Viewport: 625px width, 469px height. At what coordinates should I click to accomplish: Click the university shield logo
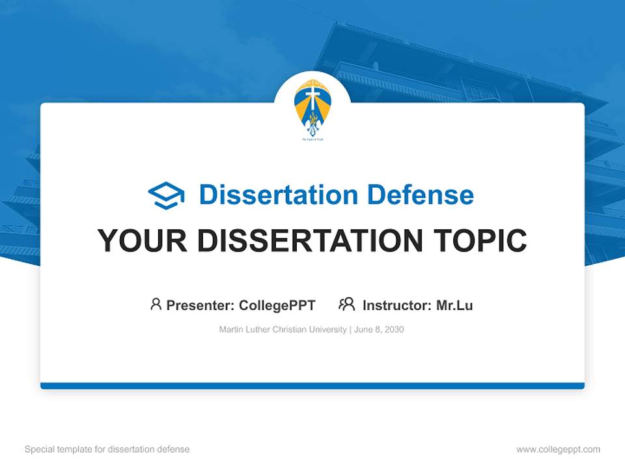click(x=312, y=107)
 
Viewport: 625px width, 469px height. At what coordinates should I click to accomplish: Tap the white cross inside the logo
click(x=312, y=100)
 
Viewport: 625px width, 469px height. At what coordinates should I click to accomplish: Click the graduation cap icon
click(x=166, y=195)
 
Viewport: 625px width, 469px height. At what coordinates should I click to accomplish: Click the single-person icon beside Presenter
click(x=156, y=304)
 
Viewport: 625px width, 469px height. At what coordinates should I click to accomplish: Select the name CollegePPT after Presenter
click(x=277, y=306)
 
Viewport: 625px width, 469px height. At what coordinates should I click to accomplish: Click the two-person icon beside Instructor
click(x=347, y=304)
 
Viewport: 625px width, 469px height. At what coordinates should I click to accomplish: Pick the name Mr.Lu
click(x=454, y=306)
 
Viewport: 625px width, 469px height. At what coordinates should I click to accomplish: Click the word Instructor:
click(x=396, y=306)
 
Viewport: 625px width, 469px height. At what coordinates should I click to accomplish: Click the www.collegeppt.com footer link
click(x=558, y=449)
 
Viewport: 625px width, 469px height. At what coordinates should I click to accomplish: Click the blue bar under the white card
click(x=312, y=386)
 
